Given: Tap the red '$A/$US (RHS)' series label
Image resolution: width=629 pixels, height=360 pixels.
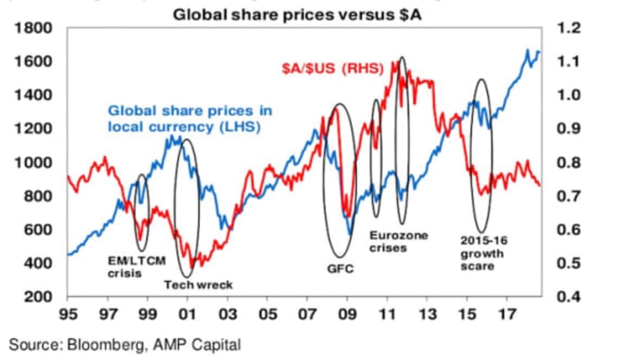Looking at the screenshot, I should [333, 69].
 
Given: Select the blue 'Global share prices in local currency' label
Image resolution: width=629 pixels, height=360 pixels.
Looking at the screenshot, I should [190, 119].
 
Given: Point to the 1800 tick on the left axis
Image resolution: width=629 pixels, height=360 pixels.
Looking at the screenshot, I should [37, 28].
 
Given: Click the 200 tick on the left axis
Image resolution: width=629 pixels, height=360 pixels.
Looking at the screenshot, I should [41, 297].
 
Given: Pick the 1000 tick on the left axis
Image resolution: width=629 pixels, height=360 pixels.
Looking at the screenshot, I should [37, 163].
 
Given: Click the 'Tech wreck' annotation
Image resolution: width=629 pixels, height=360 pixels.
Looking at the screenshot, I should [198, 285].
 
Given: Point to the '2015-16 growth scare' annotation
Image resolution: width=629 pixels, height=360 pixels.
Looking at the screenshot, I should [484, 253].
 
